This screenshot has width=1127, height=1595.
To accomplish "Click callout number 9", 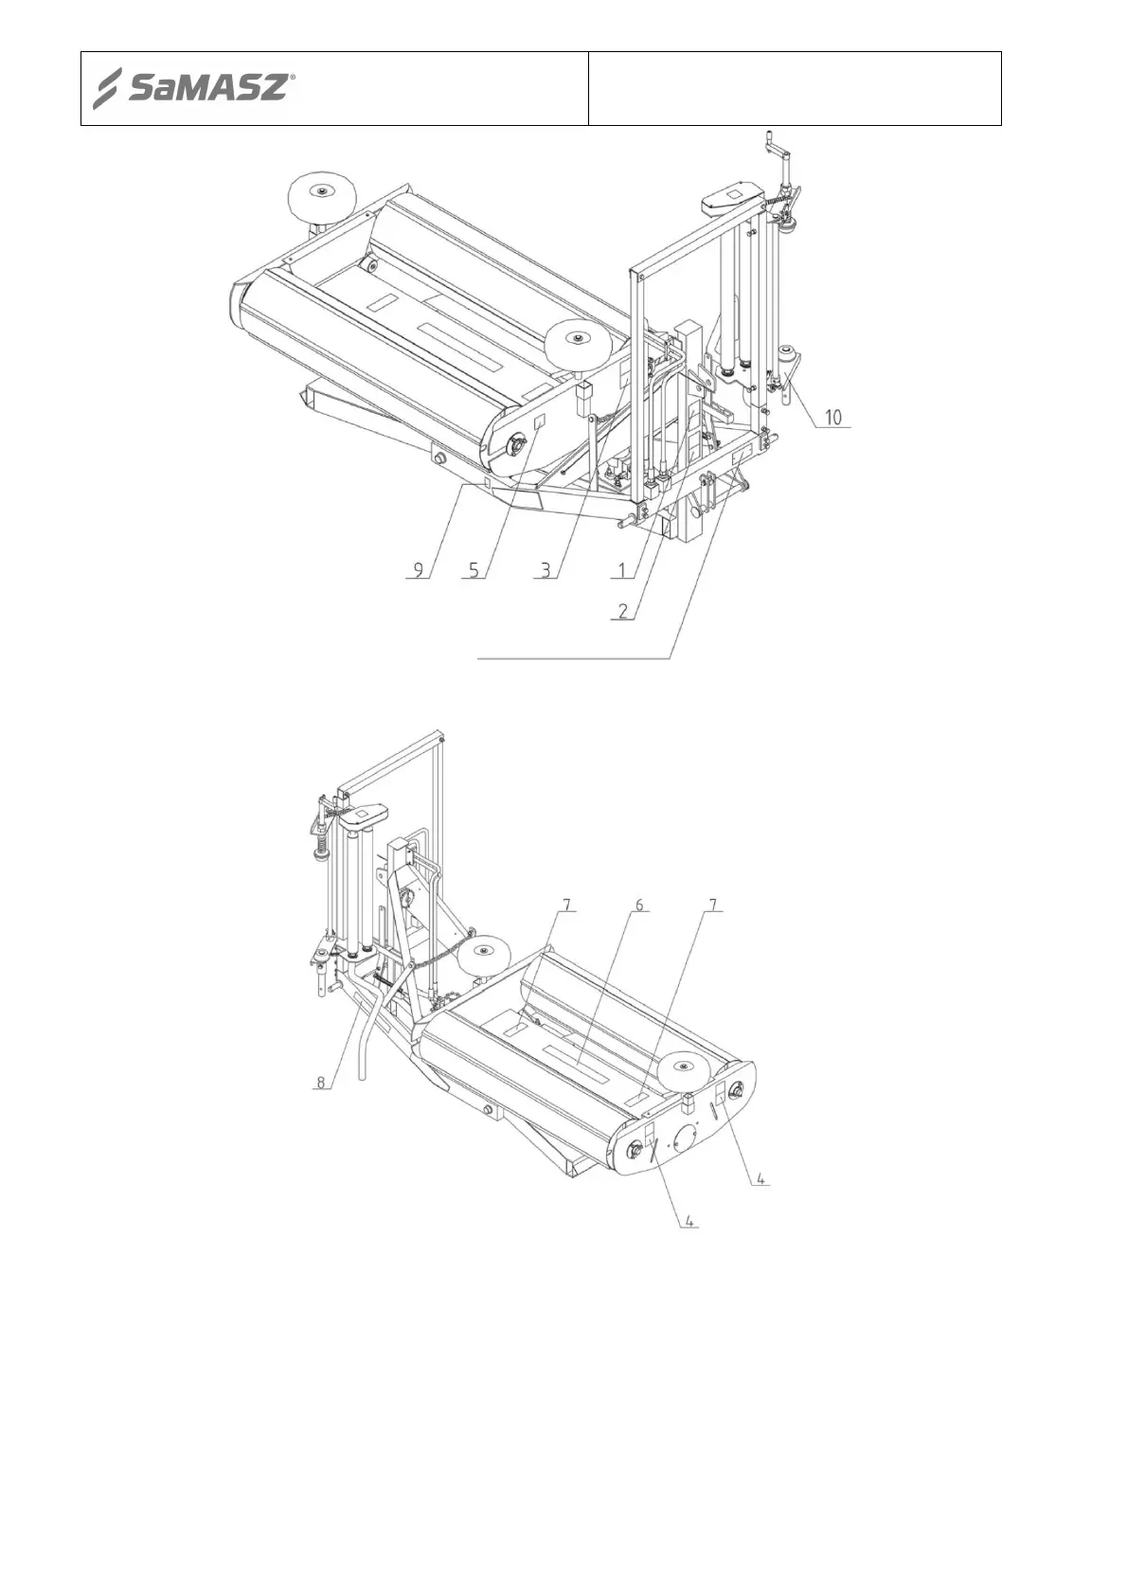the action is (418, 571).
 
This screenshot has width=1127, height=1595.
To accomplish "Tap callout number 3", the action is (545, 571).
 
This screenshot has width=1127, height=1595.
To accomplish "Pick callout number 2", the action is (622, 611).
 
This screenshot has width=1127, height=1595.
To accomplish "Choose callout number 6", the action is (639, 905).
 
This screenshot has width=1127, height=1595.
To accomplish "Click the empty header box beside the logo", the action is (795, 89).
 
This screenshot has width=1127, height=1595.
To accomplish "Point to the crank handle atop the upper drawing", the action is (778, 152).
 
